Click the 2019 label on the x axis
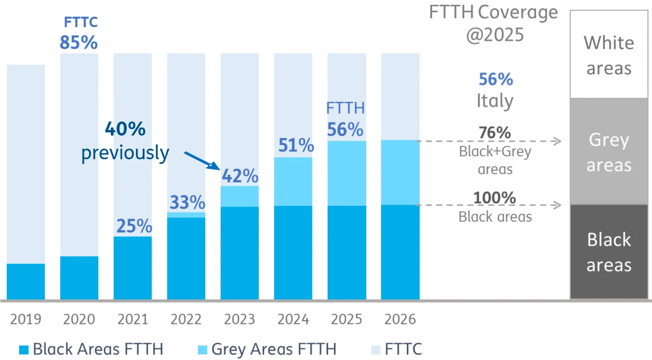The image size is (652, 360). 26,319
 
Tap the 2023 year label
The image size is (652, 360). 239,319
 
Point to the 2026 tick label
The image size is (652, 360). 400,319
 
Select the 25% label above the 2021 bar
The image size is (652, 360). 134,226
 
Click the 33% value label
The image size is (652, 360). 187,202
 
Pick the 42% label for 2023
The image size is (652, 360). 240,176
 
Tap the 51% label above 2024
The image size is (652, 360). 296,145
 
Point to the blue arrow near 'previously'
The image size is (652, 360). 202,161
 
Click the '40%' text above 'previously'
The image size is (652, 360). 125,129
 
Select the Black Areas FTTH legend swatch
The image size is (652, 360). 24,350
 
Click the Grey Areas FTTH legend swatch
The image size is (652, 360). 202,350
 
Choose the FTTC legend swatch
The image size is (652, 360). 376,350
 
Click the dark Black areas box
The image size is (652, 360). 609,252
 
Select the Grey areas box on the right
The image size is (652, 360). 609,152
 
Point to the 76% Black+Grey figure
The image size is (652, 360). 495,133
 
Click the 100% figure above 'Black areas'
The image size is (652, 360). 495,198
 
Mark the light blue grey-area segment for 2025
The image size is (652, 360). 347,173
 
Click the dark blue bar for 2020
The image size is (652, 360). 79,278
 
